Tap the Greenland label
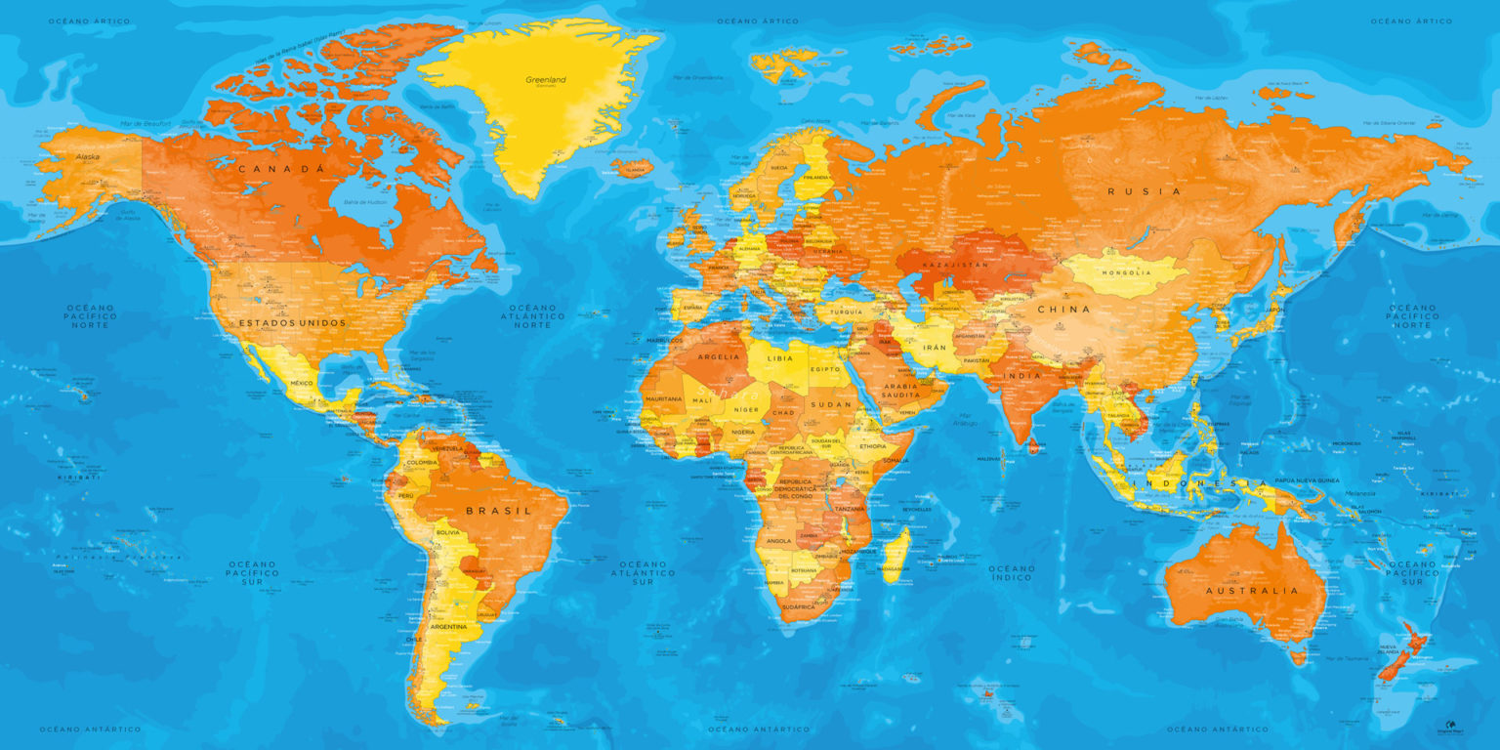pos(546,80)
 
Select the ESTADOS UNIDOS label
pos(293,322)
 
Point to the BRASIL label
pos(498,511)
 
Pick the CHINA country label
pos(1063,310)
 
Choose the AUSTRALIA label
pos(1252,591)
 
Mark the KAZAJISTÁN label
pos(956,265)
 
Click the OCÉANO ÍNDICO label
pos(1011,572)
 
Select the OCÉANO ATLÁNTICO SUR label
pos(642,572)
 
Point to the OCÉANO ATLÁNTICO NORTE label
pos(533,315)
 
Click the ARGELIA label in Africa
pos(719,357)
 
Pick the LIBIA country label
pos(780,358)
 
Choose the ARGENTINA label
pos(448,627)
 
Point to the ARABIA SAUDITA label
pos(901,391)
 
